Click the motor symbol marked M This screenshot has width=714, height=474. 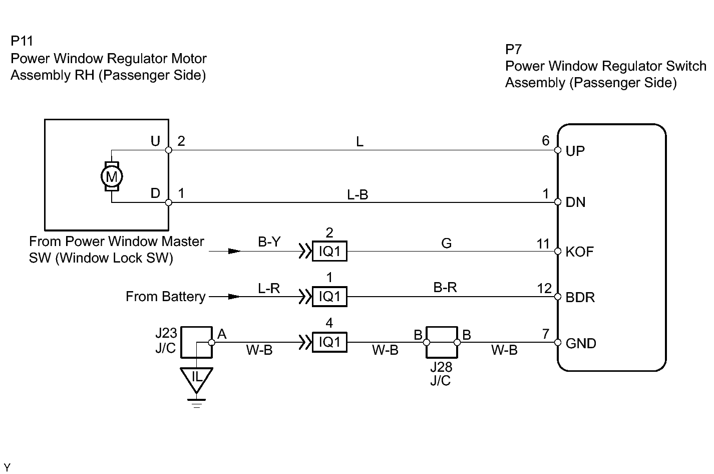(x=112, y=176)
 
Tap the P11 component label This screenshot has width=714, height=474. (x=22, y=41)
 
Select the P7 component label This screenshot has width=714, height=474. (x=514, y=49)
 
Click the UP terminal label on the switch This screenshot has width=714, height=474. (x=575, y=151)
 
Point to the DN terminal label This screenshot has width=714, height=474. (x=575, y=202)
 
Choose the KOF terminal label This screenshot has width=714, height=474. (x=579, y=252)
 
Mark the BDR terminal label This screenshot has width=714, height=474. (x=580, y=298)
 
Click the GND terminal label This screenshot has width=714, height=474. (x=581, y=344)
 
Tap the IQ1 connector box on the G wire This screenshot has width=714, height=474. (x=329, y=252)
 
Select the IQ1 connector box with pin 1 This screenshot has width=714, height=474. (x=329, y=297)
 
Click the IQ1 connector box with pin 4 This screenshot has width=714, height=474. (x=329, y=342)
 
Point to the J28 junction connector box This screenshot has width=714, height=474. (x=442, y=343)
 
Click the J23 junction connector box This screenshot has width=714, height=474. (x=196, y=342)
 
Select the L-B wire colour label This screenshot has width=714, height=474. (x=358, y=195)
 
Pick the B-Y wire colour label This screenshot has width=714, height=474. (x=269, y=243)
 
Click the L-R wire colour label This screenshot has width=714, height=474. (x=269, y=288)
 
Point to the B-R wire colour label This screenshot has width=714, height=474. (x=445, y=288)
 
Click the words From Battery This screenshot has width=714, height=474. (x=165, y=297)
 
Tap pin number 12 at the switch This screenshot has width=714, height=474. (x=544, y=289)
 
